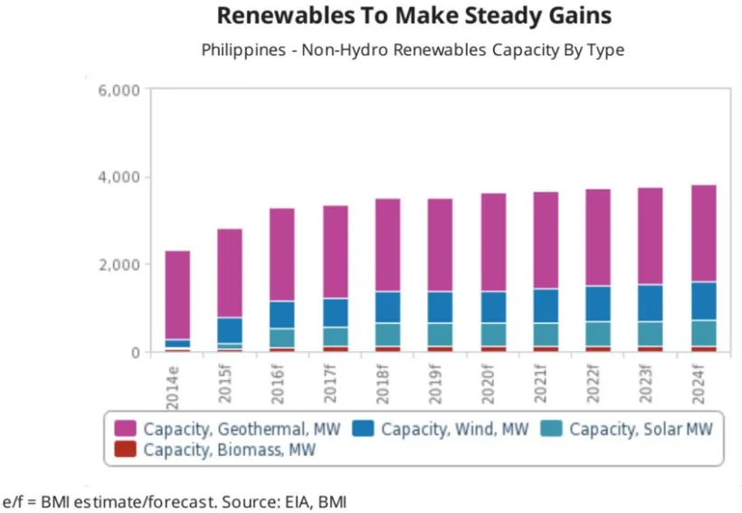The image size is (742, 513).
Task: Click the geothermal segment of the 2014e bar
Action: pyautogui.click(x=177, y=295)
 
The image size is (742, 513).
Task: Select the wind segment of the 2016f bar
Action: pyautogui.click(x=282, y=314)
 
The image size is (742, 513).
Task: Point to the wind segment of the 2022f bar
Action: pyautogui.click(x=597, y=303)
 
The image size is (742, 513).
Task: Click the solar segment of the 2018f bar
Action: pyautogui.click(x=387, y=335)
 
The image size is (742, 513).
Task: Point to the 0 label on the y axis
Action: pyautogui.click(x=133, y=352)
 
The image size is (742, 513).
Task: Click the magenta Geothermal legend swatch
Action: pyautogui.click(x=125, y=428)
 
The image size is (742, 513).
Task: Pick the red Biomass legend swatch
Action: pyautogui.click(x=125, y=448)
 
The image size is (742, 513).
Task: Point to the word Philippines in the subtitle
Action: pyautogui.click(x=241, y=50)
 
